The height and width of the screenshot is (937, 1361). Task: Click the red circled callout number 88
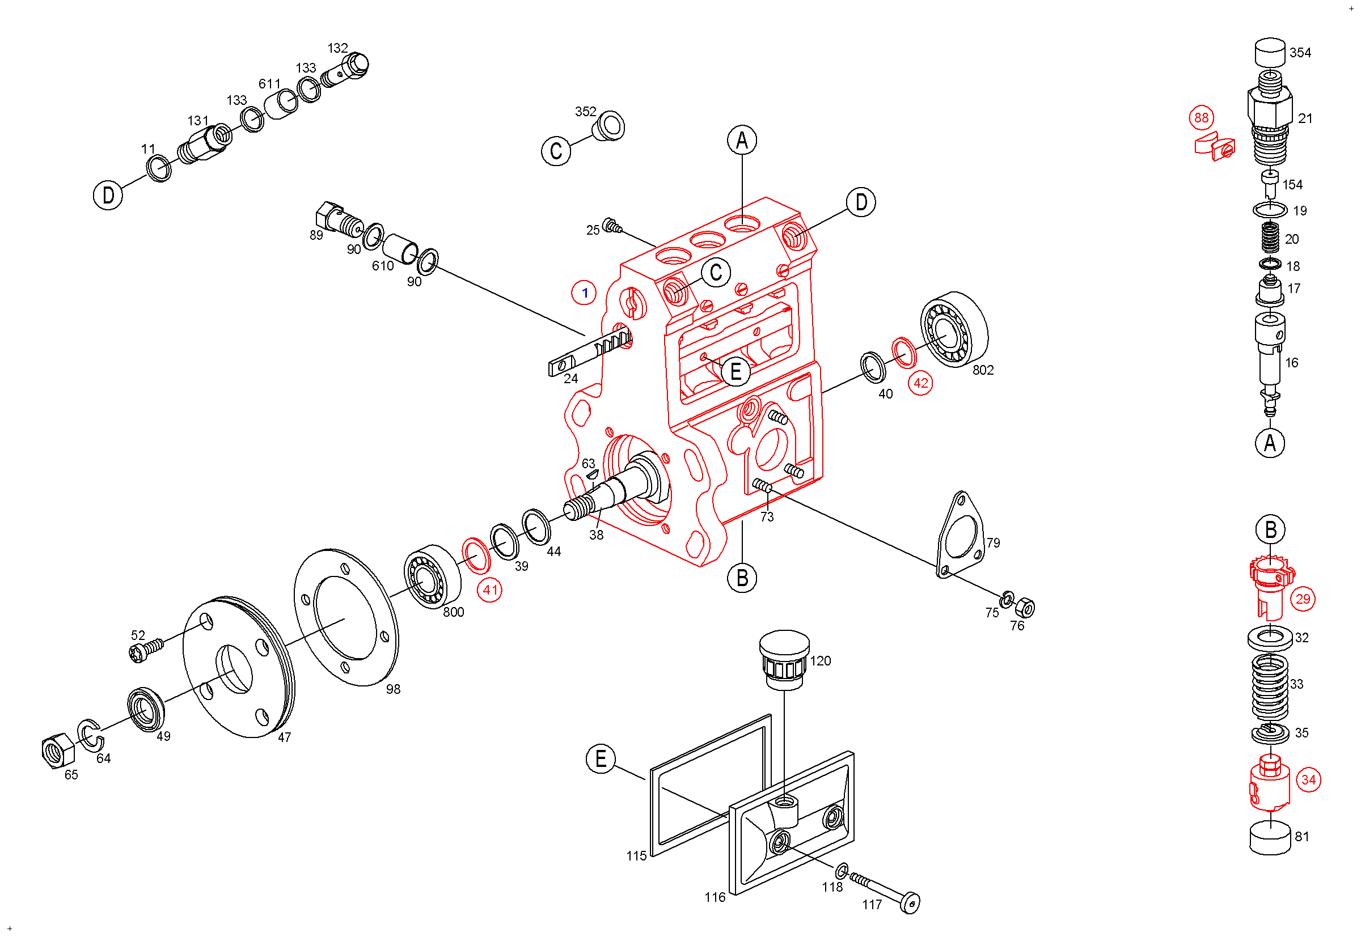1201,117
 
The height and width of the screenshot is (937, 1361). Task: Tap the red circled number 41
490,590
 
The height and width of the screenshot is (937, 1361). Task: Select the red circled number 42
920,383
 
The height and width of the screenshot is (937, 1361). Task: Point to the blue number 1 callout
584,292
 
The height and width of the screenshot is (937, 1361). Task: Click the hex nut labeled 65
58,751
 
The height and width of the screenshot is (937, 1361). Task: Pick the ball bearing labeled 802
954,329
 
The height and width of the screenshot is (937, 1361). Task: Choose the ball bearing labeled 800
432,576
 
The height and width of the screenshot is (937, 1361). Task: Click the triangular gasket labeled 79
960,535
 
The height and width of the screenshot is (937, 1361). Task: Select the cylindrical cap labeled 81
1270,838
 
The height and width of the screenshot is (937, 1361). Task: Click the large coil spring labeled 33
1270,688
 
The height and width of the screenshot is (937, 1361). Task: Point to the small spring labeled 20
1270,238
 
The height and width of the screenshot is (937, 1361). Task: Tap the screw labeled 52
146,651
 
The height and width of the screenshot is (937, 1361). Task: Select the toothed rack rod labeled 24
590,351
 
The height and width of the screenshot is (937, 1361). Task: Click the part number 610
382,266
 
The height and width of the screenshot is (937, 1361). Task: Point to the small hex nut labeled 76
1026,607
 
